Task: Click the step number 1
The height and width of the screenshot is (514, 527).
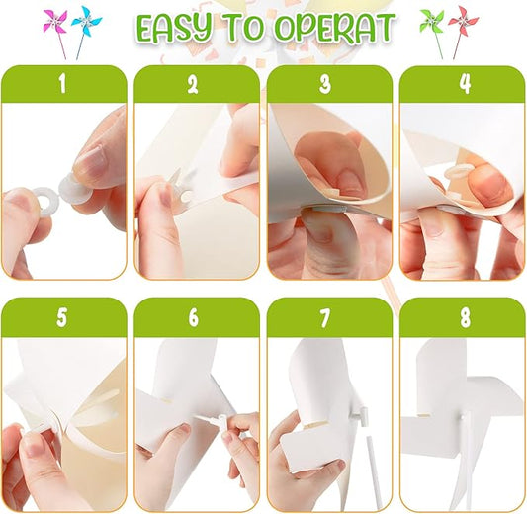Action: pyautogui.click(x=62, y=84)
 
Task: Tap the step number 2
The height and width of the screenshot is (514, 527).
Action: pyautogui.click(x=193, y=84)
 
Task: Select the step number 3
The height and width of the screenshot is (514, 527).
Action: pyautogui.click(x=325, y=84)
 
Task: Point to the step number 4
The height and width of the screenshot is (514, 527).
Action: pyautogui.click(x=465, y=84)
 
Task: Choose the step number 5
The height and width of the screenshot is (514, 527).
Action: pyautogui.click(x=62, y=317)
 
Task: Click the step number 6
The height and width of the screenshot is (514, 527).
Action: pyautogui.click(x=193, y=317)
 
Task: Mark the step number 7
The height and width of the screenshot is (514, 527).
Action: pyautogui.click(x=325, y=317)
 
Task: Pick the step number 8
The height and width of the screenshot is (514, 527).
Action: pyautogui.click(x=465, y=317)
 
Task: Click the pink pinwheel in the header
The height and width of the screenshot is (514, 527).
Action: pyautogui.click(x=55, y=22)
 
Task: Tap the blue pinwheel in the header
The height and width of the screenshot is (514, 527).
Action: pyautogui.click(x=85, y=21)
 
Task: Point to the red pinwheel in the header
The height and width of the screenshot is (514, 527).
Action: pyautogui.click(x=464, y=21)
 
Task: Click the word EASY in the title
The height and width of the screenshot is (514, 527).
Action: pyautogui.click(x=176, y=29)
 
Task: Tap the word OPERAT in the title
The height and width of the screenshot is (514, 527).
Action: pyautogui.click(x=335, y=29)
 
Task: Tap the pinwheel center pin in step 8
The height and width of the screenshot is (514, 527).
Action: pyautogui.click(x=463, y=416)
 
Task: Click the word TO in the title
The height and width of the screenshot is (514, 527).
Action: pyautogui.click(x=243, y=29)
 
